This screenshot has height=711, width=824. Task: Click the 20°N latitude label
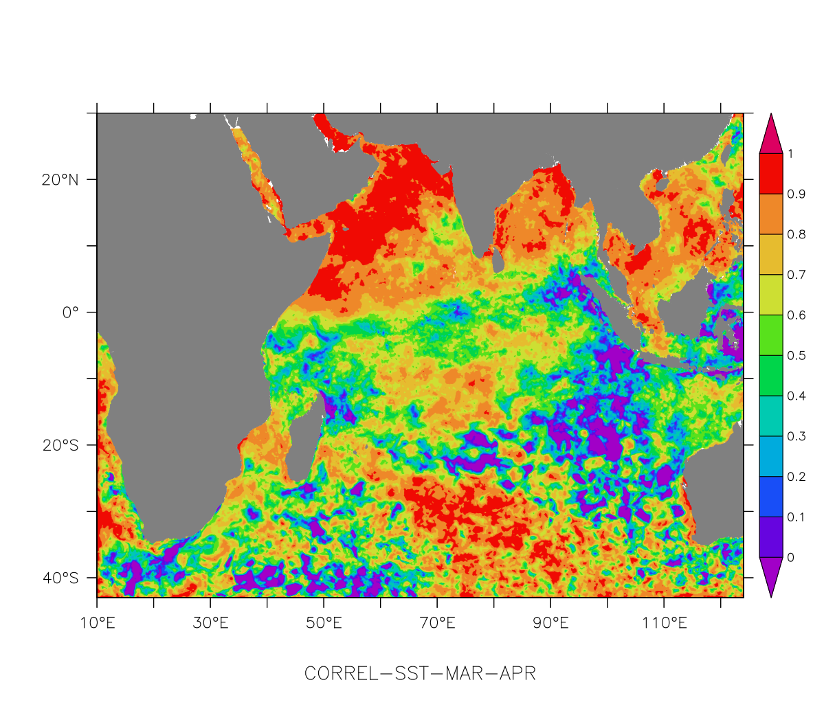[x=60, y=180]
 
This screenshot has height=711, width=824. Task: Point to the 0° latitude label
[x=71, y=313]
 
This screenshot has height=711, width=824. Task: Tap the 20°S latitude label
[x=60, y=445]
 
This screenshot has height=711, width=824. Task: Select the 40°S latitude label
[x=60, y=578]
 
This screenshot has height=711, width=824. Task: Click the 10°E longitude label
[x=97, y=624]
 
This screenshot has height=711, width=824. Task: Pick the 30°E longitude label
[x=210, y=624]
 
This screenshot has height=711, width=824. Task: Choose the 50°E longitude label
[x=324, y=624]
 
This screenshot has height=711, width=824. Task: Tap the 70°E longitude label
[x=437, y=624]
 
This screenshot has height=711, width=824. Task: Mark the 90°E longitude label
[x=550, y=624]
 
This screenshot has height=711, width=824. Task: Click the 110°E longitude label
[x=664, y=624]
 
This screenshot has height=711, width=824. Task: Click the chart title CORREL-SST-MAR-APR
[x=420, y=674]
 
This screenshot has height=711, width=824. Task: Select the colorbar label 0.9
[x=796, y=194]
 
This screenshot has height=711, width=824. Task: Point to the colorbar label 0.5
[x=796, y=356]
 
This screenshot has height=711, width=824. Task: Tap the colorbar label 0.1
[x=796, y=517]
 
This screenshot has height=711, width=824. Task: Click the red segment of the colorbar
[x=770, y=174]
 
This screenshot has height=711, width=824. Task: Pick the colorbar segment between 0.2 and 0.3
[x=770, y=457]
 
